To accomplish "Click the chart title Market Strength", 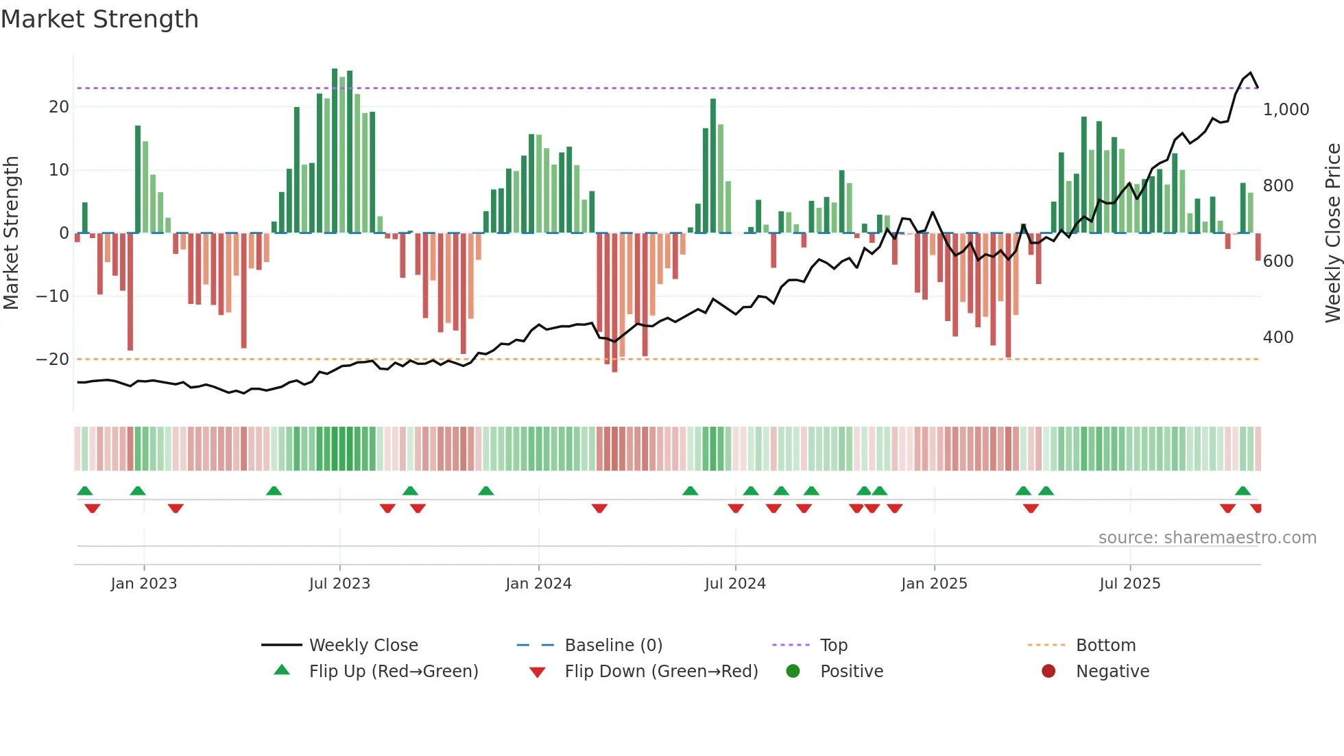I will pos(99,19).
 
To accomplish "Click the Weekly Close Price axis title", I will pos(1332,233).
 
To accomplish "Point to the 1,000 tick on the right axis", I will pos(1286,110).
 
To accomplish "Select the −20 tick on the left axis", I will pos(53,359).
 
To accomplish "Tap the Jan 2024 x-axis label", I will pos(538,584).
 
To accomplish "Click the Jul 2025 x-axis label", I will pos(1129,584).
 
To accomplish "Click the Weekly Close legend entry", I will pos(363,646).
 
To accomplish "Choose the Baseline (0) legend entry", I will pos(613,646).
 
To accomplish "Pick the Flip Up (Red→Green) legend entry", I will pos(393,672).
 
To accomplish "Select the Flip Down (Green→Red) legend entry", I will pos(661,672).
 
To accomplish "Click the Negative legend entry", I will pos(1112,672).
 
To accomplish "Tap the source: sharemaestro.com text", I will pos(1207,538).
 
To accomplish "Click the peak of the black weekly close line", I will pos(1250,73).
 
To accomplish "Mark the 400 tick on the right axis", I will pos(1278,338).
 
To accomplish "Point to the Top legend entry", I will pos(833,646).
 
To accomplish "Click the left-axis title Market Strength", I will pos(12,233).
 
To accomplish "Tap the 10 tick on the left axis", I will pos(59,170).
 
